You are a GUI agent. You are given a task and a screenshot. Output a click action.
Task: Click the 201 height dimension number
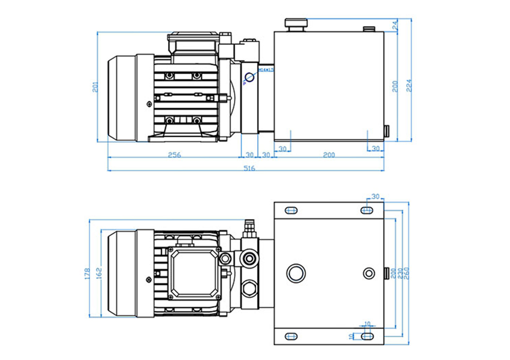pyautogui.click(x=96, y=87)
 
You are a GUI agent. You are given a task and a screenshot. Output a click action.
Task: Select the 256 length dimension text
pyautogui.click(x=174, y=155)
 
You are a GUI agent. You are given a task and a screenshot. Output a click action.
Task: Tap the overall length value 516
pyautogui.click(x=248, y=168)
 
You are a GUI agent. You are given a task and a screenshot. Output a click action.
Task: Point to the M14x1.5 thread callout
pyautogui.click(x=265, y=70)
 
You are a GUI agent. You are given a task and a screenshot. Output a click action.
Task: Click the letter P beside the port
pyautogui.click(x=244, y=83)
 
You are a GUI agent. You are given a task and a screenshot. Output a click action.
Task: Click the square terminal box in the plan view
pyautogui.click(x=194, y=273)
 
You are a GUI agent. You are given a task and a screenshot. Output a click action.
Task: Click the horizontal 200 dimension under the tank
pyautogui.click(x=329, y=155)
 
